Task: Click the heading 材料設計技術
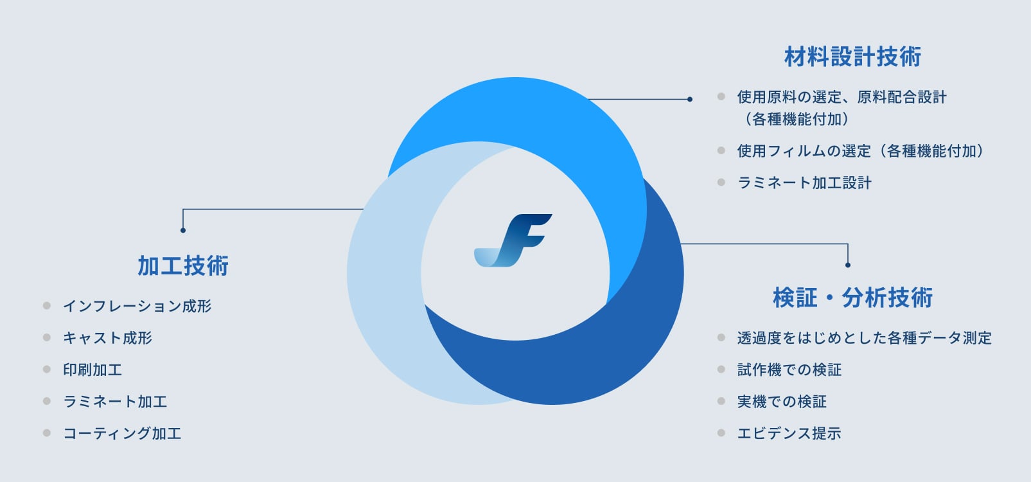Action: pyautogui.click(x=852, y=57)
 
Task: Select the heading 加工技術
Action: pyautogui.click(x=183, y=265)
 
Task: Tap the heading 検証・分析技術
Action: pyautogui.click(x=852, y=298)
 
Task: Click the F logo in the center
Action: pyautogui.click(x=513, y=240)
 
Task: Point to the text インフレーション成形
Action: pyautogui.click(x=137, y=306)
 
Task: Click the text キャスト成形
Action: pyautogui.click(x=108, y=338)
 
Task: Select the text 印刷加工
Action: pyautogui.click(x=93, y=370)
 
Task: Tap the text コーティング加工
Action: pyautogui.click(x=122, y=433)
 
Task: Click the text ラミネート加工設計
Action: pyautogui.click(x=804, y=183)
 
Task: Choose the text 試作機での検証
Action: pyautogui.click(x=789, y=370)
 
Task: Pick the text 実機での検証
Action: pyautogui.click(x=782, y=402)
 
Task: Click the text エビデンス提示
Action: pyautogui.click(x=789, y=433)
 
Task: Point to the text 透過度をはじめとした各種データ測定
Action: pyautogui.click(x=864, y=338)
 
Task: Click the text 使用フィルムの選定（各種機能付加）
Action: pyautogui.click(x=860, y=151)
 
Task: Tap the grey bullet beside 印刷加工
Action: pyautogui.click(x=46, y=369)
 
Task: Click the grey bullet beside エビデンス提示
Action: pyautogui.click(x=721, y=433)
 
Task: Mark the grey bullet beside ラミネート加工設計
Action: pyautogui.click(x=721, y=183)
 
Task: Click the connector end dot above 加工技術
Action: pyautogui.click(x=183, y=230)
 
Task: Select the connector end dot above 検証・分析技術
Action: pyautogui.click(x=848, y=265)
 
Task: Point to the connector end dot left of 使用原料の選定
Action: pyautogui.click(x=689, y=99)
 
